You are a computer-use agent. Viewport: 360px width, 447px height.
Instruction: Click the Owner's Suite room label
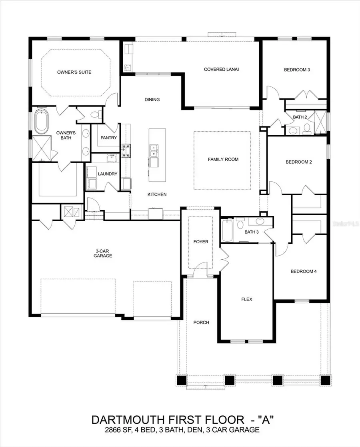74,72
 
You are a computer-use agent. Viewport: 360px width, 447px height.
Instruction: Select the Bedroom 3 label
297,70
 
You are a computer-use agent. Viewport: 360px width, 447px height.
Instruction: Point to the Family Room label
223,159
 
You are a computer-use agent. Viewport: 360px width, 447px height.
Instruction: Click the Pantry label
109,138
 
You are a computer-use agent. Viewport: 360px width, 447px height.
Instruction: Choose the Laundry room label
108,174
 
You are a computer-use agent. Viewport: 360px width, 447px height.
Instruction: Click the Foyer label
200,242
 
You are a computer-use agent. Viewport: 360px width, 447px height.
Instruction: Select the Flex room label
246,299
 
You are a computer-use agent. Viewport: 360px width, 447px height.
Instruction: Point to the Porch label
201,323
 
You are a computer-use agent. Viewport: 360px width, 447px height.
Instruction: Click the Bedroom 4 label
303,271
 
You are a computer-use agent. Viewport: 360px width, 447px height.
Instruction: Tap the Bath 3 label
252,232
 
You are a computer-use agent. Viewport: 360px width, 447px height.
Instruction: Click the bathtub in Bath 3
226,230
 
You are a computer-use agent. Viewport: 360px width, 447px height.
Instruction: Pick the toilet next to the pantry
95,115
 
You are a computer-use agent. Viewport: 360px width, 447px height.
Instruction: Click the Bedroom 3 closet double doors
306,96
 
